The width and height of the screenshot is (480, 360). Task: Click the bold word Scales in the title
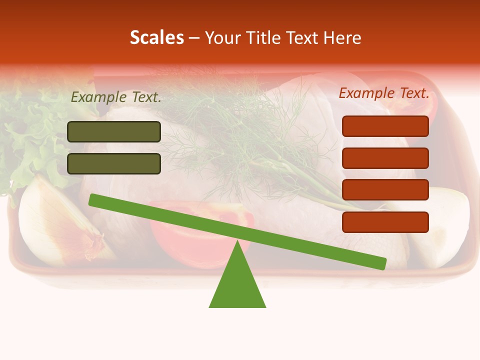(156, 38)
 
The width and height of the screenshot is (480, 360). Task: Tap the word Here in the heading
(342, 38)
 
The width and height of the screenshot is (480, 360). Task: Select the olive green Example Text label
(116, 97)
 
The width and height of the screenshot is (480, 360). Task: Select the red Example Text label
(384, 93)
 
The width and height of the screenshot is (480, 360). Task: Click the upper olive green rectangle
(114, 131)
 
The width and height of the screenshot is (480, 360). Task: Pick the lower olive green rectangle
(114, 163)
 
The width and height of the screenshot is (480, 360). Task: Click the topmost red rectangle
(385, 126)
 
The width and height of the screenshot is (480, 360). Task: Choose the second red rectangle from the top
(385, 158)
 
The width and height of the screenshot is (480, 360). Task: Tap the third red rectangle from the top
(385, 189)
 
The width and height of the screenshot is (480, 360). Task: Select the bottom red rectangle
(385, 222)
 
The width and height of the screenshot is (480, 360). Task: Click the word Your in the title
(223, 38)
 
